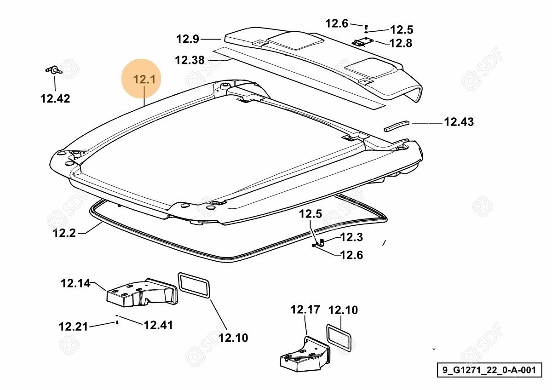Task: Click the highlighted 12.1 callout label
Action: [x=144, y=80]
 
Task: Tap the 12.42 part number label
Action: [x=55, y=98]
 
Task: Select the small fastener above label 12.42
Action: [x=54, y=70]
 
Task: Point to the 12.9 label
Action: [x=188, y=39]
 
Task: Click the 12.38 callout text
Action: [x=190, y=60]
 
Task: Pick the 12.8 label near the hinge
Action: [x=401, y=43]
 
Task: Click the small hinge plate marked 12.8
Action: [x=363, y=42]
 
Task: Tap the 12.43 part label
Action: [x=459, y=122]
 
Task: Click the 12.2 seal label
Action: [x=64, y=233]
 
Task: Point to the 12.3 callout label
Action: [x=351, y=237]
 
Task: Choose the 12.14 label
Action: [x=75, y=283]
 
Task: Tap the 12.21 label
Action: [x=73, y=327]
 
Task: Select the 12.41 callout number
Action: [x=158, y=325]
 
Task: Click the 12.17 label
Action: [x=305, y=310]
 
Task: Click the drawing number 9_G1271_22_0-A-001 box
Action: [x=489, y=370]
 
